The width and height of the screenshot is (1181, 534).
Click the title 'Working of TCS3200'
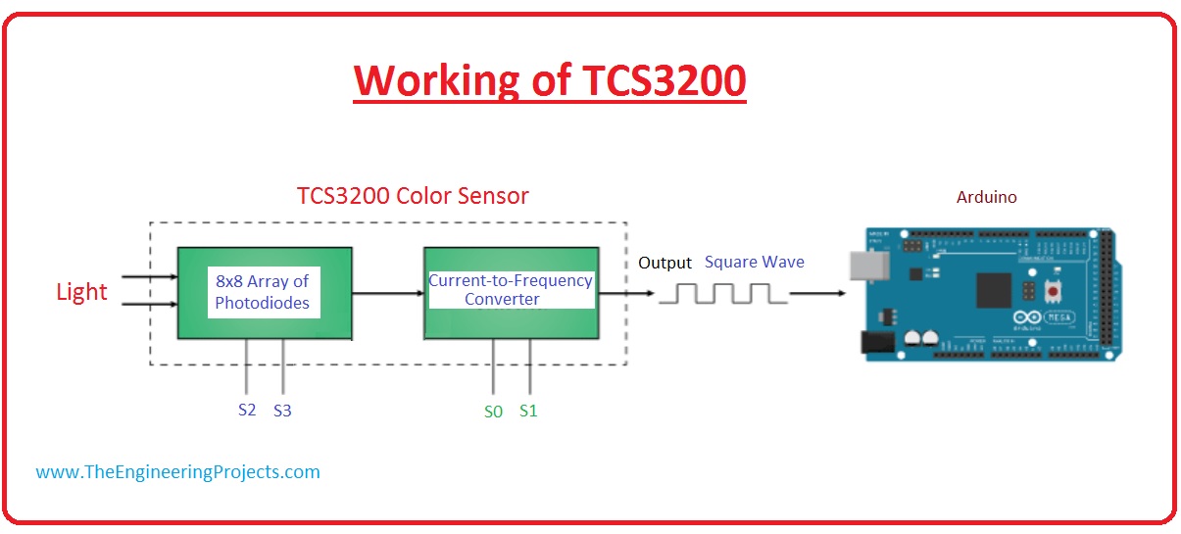[550, 80]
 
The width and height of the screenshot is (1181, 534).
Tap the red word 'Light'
[81, 292]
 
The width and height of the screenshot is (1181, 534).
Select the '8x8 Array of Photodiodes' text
[262, 293]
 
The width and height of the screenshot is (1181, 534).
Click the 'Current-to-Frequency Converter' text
[511, 290]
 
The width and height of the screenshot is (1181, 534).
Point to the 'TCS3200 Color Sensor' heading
[413, 196]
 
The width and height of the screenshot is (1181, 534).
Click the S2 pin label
[247, 410]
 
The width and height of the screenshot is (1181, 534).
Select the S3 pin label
[282, 411]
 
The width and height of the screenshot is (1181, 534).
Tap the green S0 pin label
[493, 412]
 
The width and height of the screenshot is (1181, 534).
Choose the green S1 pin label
[528, 411]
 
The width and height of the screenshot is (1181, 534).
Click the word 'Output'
[665, 263]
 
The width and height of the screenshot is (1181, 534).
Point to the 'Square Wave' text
[754, 263]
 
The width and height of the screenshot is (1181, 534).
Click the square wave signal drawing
[723, 293]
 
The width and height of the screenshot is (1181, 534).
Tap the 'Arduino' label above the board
[986, 197]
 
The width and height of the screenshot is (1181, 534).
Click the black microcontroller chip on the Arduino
[993, 287]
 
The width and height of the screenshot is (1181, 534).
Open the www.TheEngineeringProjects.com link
[177, 471]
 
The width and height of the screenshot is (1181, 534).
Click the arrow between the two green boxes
[387, 292]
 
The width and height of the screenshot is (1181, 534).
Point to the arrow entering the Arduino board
[822, 292]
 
